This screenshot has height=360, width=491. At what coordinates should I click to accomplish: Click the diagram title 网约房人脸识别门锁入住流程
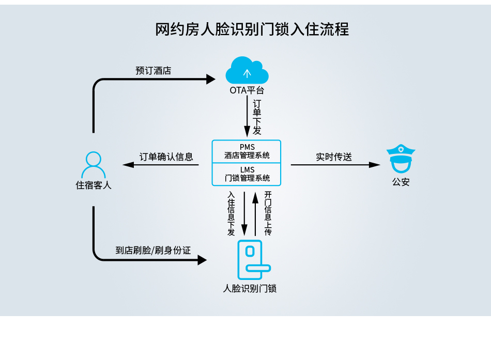click(252, 29)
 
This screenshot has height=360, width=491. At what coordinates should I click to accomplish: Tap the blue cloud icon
click(247, 71)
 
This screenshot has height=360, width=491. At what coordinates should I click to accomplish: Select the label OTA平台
click(247, 90)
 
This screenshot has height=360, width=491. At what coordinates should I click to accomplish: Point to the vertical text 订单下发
click(257, 117)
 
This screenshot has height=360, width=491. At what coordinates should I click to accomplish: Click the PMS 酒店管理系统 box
click(247, 151)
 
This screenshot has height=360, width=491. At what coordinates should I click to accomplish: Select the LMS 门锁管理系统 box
click(247, 174)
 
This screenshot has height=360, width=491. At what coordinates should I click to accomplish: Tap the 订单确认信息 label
click(166, 156)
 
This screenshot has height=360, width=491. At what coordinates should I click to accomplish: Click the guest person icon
click(94, 165)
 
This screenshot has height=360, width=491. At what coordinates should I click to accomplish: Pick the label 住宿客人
click(94, 185)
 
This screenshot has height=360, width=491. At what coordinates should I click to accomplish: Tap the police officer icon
click(401, 160)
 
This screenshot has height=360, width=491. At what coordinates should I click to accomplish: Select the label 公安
click(401, 182)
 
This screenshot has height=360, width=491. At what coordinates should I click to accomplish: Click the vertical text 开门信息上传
click(268, 213)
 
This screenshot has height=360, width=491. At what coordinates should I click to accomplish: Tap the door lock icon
click(253, 260)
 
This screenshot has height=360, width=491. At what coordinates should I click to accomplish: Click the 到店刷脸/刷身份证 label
click(153, 251)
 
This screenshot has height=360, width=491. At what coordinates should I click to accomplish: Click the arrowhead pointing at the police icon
click(375, 165)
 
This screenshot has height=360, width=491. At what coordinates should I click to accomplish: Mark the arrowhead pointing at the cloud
click(210, 79)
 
